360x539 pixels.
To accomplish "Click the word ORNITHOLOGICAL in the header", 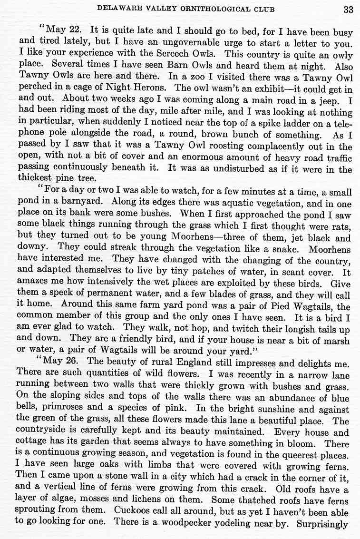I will tap(220, 9).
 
